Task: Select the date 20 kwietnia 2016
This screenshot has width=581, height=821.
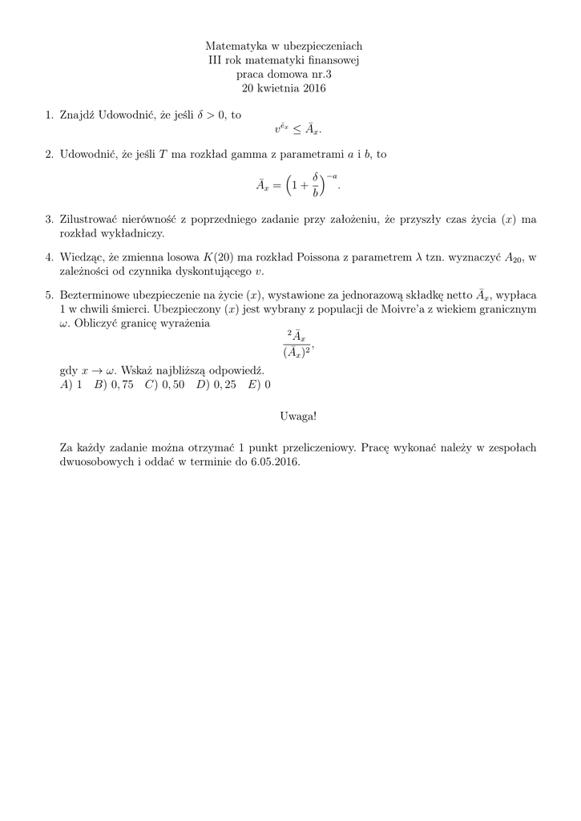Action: pyautogui.click(x=290, y=88)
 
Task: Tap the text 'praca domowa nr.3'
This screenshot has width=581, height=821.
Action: pyautogui.click(x=290, y=75)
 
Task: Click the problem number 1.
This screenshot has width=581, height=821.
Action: pyautogui.click(x=49, y=115)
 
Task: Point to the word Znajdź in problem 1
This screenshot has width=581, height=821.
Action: pyautogui.click(x=78, y=115)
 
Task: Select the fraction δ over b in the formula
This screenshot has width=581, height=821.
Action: pyautogui.click(x=317, y=184)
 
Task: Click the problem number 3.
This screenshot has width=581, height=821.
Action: pyautogui.click(x=49, y=219)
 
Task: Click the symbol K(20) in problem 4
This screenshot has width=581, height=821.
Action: pyautogui.click(x=220, y=257)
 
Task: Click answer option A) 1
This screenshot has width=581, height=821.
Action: pyautogui.click(x=71, y=384)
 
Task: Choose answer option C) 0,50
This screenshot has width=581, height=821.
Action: pyautogui.click(x=165, y=384)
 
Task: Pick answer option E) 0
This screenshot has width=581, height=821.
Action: pyautogui.click(x=260, y=384)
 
